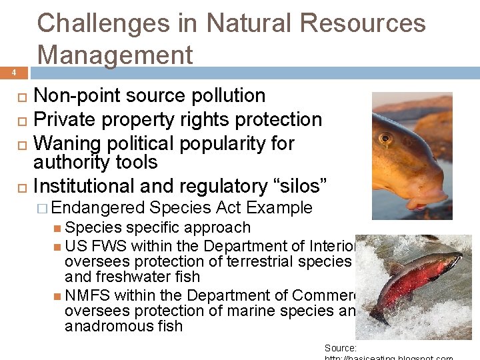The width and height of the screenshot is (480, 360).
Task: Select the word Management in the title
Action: [x=115, y=54]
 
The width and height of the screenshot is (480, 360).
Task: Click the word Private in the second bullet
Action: [x=63, y=120]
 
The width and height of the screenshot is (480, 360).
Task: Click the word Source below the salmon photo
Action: [x=340, y=348]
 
